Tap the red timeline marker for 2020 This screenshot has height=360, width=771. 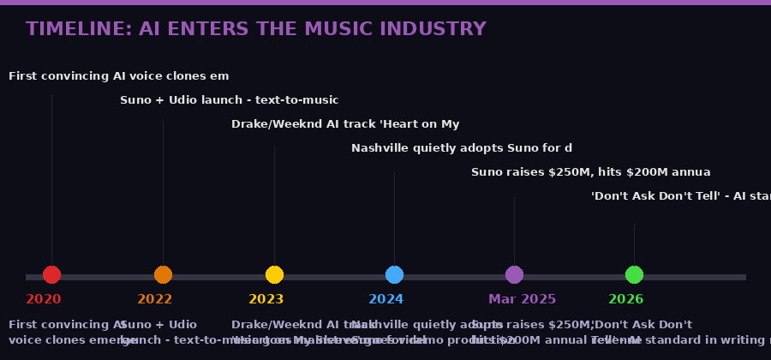(51, 275)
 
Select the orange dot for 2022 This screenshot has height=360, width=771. (163, 275)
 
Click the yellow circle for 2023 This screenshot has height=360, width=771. (274, 275)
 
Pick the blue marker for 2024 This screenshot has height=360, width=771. (394, 275)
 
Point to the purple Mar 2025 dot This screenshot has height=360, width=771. (514, 275)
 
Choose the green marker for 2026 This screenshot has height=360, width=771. (634, 275)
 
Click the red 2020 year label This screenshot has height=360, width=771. (44, 299)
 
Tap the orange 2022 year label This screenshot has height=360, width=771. (155, 299)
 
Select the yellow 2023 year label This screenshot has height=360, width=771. (266, 299)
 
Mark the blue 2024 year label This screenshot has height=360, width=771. (386, 299)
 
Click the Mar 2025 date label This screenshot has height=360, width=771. (522, 299)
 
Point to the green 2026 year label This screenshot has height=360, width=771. (626, 299)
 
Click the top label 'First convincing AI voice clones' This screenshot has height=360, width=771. (118, 76)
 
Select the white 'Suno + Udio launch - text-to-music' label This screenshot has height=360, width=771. (229, 100)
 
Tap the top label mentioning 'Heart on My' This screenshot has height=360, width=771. (345, 124)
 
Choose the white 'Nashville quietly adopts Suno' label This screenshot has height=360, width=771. (461, 148)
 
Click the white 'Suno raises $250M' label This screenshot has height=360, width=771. (590, 172)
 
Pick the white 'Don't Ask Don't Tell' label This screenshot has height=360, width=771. (680, 196)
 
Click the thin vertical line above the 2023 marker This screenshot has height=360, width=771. (274, 206)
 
